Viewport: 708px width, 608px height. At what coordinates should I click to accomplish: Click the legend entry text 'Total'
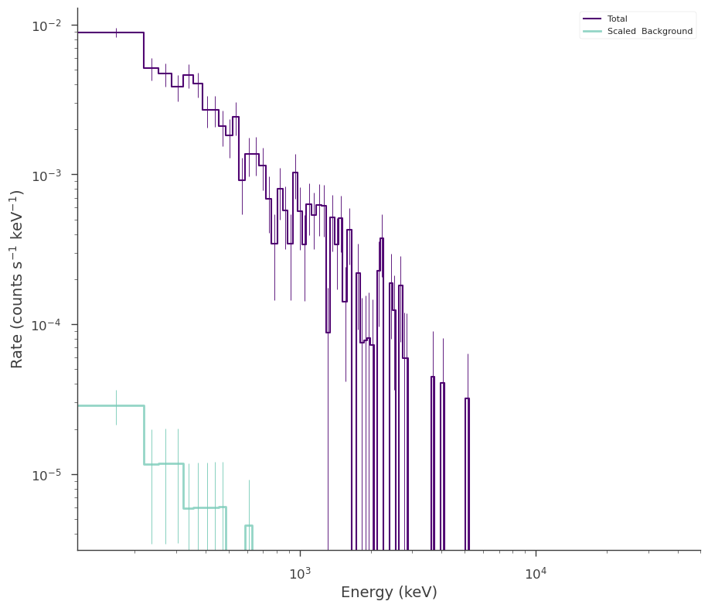[x=618, y=19]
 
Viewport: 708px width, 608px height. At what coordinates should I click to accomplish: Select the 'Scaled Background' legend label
[x=650, y=31]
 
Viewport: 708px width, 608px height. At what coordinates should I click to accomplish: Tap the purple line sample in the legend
[x=592, y=19]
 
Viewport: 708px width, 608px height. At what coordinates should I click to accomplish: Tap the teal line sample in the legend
[x=592, y=31]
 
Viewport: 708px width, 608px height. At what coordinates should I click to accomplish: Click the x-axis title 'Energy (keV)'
[x=390, y=593]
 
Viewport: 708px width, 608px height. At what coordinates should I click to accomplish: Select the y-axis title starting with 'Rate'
[x=16, y=279]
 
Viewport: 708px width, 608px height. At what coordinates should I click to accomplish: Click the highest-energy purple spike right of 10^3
[x=468, y=474]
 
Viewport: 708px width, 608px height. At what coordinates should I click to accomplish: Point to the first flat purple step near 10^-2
[x=111, y=32]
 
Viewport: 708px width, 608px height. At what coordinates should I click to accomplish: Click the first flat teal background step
[x=111, y=406]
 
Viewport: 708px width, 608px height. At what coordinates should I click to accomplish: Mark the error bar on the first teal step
[x=117, y=408]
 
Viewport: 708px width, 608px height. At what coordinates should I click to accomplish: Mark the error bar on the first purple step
[x=117, y=32]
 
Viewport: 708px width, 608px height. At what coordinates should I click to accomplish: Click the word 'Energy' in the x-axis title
[x=361, y=593]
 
